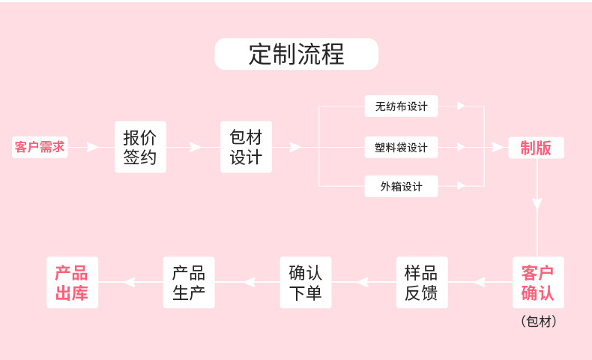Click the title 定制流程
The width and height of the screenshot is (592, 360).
click(x=296, y=54)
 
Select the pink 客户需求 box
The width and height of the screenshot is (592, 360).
click(x=40, y=147)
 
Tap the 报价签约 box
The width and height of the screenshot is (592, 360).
click(x=140, y=147)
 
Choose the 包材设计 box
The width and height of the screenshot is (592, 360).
click(x=246, y=147)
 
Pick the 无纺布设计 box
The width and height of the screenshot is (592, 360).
click(x=401, y=106)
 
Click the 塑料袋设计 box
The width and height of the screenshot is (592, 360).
click(x=401, y=147)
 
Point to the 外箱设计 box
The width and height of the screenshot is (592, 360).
click(x=401, y=186)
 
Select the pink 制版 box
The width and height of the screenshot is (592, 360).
click(x=536, y=148)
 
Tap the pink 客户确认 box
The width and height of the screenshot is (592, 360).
click(x=538, y=283)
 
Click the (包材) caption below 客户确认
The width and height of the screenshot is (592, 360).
click(x=538, y=322)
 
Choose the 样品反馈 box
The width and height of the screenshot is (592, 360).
click(x=421, y=283)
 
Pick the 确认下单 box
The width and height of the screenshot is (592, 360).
click(x=305, y=283)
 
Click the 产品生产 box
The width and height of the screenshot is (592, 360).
click(x=189, y=283)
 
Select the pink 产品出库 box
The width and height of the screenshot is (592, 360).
click(x=72, y=283)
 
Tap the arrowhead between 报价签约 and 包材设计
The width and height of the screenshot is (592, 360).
click(x=196, y=147)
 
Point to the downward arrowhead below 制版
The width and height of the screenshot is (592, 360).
click(x=537, y=204)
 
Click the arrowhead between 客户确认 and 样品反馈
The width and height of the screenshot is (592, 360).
click(x=480, y=283)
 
